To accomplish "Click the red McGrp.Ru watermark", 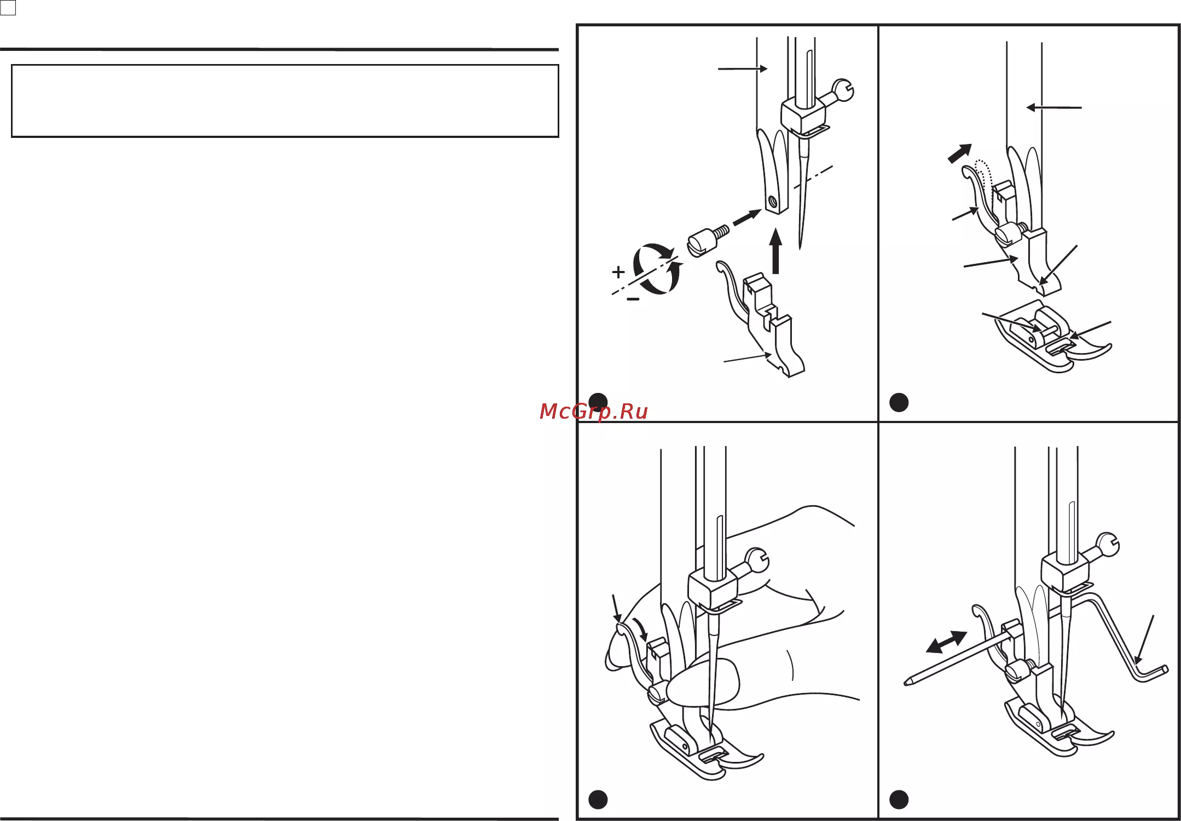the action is [x=593, y=412].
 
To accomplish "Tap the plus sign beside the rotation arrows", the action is [x=618, y=271].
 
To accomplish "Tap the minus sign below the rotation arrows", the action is [x=633, y=299].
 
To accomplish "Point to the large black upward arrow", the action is [x=775, y=252].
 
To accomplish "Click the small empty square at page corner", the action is [x=8, y=8].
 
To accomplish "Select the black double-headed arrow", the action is [x=946, y=642].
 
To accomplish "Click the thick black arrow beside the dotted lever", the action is [x=960, y=153].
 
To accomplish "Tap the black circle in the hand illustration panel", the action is [x=598, y=800].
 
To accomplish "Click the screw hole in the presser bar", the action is [x=773, y=202].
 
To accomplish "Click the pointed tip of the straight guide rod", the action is [x=905, y=683].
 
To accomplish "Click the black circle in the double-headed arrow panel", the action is [x=899, y=800].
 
